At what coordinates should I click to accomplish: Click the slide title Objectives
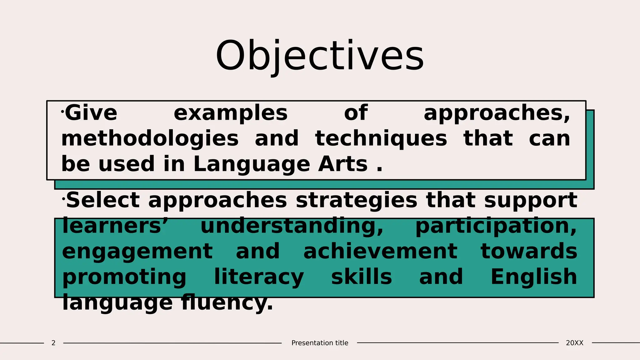[x=320, y=56]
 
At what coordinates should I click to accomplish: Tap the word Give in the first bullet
[x=91, y=113]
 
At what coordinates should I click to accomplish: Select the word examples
[x=231, y=113]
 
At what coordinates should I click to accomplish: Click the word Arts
[x=343, y=164]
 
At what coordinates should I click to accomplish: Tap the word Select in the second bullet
[x=103, y=200]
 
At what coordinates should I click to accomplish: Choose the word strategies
[x=356, y=201]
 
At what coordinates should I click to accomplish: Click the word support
[x=531, y=201]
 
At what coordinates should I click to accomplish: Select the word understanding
[x=292, y=226]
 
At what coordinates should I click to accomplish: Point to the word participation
[x=496, y=226]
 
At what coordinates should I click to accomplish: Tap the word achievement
[x=380, y=252]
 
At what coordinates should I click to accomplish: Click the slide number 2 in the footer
[x=53, y=343]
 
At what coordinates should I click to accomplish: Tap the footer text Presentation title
[x=320, y=343]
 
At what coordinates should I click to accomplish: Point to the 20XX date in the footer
[x=574, y=343]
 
